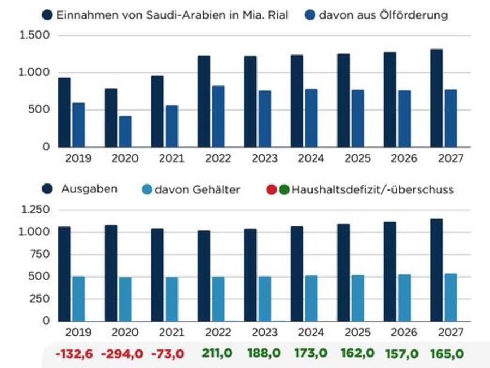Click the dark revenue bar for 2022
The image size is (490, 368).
[x=204, y=101]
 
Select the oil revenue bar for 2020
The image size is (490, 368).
[x=125, y=131]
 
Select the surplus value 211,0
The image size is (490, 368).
[x=217, y=353]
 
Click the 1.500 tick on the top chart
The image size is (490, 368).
[x=35, y=35]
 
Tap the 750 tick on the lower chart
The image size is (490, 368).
[x=39, y=254]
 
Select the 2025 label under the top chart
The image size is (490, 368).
[x=357, y=158]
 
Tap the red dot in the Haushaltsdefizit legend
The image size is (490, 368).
[x=272, y=190]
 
